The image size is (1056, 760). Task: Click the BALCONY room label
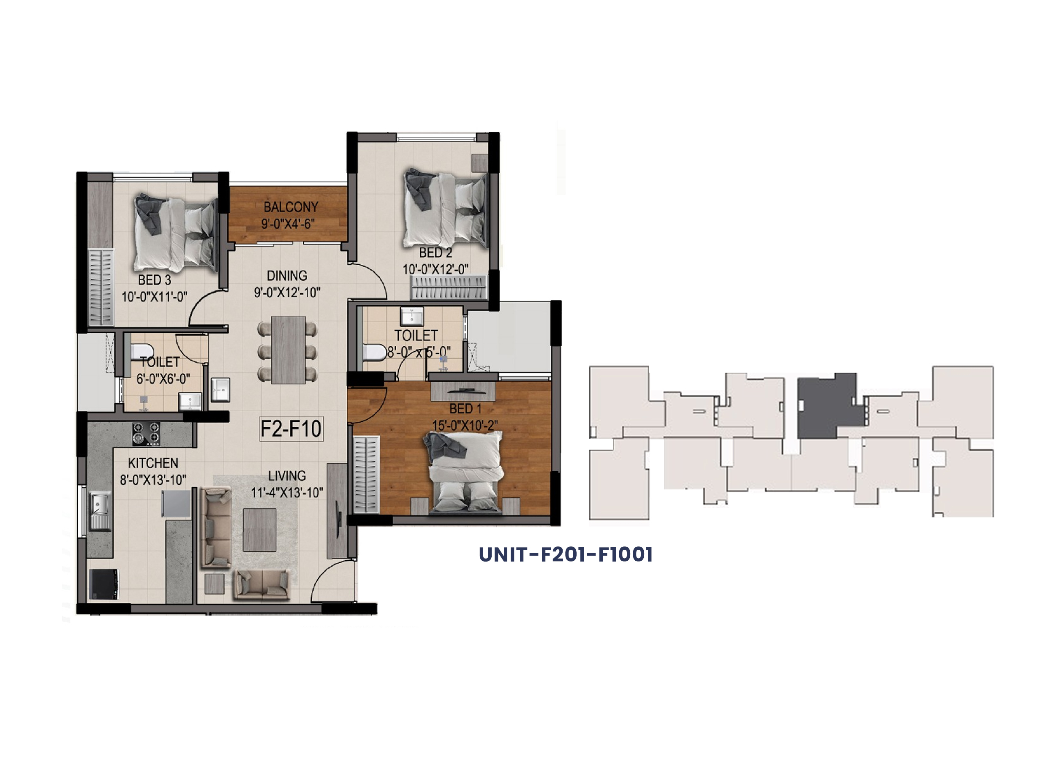click(291, 206)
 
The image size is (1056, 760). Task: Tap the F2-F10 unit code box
click(291, 429)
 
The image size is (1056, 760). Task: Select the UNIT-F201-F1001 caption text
click(566, 554)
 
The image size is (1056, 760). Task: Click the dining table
click(288, 350)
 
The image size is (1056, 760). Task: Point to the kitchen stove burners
click(146, 433)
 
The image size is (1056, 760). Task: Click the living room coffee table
click(259, 529)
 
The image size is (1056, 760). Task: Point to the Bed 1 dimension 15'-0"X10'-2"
click(465, 425)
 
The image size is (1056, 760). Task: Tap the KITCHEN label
click(153, 463)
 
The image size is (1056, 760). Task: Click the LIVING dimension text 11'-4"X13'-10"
click(287, 492)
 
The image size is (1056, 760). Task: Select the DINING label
click(287, 276)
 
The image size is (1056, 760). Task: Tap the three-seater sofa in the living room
click(215, 527)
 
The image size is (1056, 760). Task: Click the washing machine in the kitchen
click(104, 584)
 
